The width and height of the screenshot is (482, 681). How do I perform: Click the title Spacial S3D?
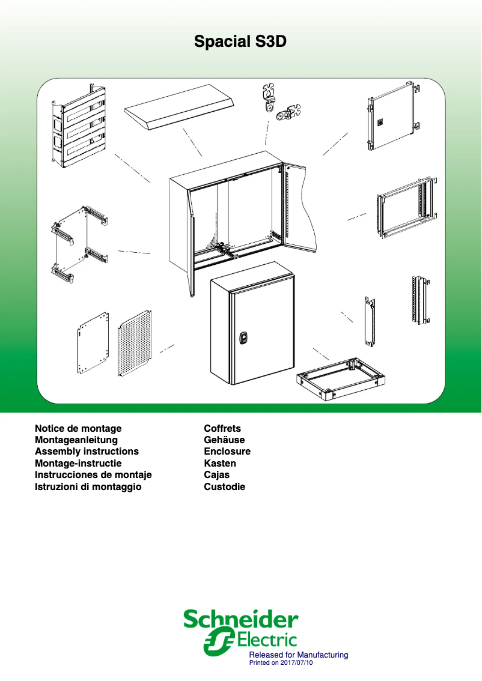(240, 41)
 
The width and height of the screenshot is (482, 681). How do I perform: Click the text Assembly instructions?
(87, 452)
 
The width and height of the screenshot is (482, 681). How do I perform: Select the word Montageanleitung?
(76, 440)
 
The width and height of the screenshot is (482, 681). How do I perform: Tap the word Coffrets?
(222, 429)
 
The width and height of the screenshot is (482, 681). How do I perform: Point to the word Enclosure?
(227, 452)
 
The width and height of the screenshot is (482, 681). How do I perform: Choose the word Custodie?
(225, 487)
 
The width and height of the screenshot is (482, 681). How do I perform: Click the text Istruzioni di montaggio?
(88, 487)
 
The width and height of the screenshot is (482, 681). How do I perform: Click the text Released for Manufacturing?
(299, 655)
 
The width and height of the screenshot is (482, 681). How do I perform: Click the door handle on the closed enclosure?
(243, 338)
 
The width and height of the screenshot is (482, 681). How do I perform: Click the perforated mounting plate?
(135, 343)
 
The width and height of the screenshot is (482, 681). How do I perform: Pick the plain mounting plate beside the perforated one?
(93, 342)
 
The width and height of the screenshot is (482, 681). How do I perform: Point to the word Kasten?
(220, 464)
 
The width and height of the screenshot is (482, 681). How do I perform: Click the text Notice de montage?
(78, 429)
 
